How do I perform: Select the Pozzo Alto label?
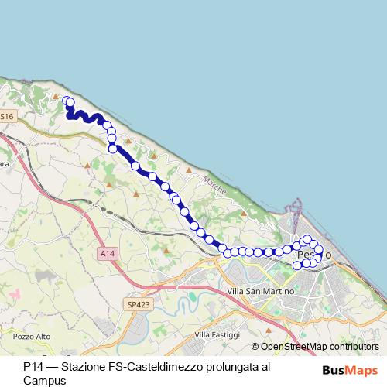(x=31, y=337)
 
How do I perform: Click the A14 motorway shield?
(x=107, y=253)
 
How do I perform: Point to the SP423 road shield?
(x=139, y=305)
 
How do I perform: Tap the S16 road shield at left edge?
(x=6, y=116)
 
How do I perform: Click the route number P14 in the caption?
(x=33, y=366)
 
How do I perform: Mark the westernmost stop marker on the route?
(x=67, y=101)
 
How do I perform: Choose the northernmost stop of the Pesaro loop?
(x=307, y=239)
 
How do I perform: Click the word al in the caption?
(x=265, y=366)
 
